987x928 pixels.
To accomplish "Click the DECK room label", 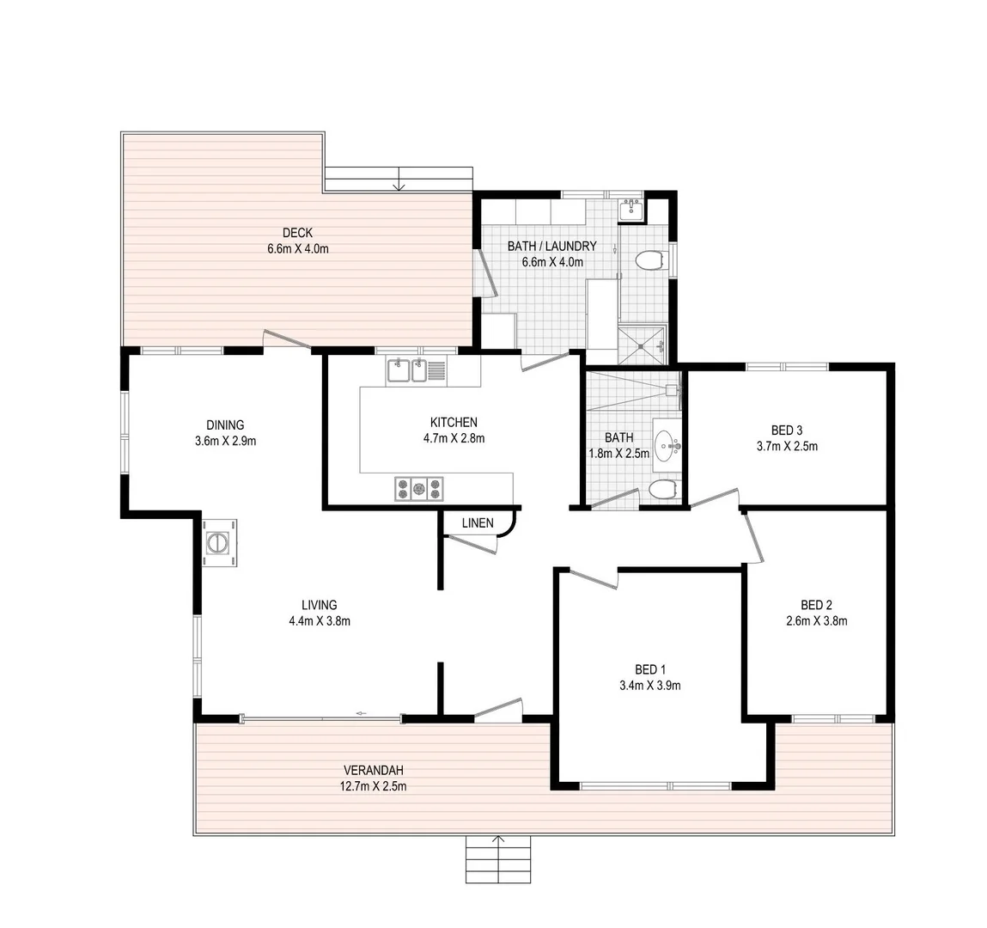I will coord(297,233).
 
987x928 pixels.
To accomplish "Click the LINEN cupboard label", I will coord(478,522).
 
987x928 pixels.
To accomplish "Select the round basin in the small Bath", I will coord(667,445).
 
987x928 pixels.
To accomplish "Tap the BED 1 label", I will coord(649,669).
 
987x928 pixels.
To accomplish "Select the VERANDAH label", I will coord(373,770).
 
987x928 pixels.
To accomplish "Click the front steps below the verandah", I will coord(498,860).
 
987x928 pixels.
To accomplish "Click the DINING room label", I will coord(225,424).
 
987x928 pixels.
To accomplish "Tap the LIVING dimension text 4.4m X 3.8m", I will coord(319,620).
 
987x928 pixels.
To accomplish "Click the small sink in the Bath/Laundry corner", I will coord(631,209).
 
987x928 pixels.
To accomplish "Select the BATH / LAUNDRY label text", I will coord(551,247).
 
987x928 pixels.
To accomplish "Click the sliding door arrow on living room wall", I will coord(362,712).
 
